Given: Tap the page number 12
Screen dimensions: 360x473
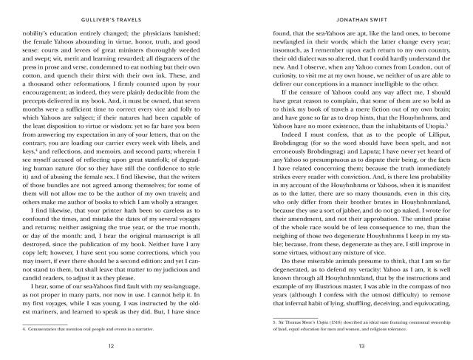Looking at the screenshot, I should point(111,346).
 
